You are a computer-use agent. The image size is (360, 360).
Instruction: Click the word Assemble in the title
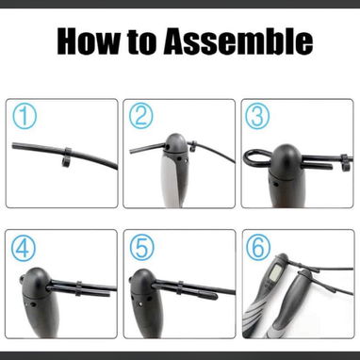238,41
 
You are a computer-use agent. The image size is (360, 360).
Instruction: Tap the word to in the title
141,42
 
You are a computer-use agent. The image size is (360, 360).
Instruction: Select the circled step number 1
25,117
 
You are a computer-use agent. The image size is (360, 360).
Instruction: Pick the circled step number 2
141,116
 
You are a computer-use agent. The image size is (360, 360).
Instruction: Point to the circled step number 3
257,116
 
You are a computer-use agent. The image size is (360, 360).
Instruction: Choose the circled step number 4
24,249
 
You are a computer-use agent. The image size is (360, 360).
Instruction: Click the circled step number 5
142,248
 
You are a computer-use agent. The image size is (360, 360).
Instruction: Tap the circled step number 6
258,247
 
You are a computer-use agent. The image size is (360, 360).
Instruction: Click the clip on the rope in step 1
67,157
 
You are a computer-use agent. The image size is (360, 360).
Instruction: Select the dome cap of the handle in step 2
176,143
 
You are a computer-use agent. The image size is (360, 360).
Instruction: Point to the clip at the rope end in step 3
345,162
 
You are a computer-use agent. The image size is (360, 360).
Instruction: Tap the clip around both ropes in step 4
78,289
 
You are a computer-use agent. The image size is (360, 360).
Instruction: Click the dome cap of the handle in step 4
36,281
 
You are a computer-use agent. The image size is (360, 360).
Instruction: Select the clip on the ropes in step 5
180,287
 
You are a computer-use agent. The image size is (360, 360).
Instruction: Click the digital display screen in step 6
275,272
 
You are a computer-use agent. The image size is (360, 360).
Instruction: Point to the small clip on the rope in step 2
193,145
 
